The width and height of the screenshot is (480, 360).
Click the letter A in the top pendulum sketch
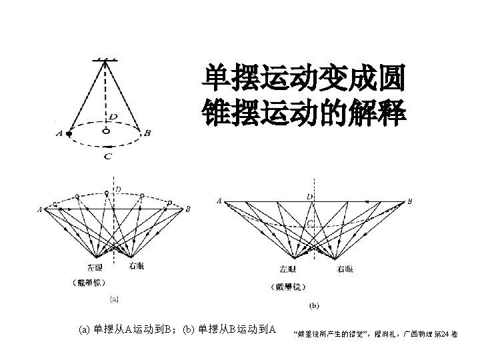60,133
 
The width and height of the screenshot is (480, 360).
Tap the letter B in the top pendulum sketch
147,133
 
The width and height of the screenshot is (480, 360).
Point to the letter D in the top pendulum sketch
113,117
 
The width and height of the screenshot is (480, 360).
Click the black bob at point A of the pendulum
69,133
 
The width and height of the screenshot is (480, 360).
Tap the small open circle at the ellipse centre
106,131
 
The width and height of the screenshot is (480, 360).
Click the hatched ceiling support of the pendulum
105,61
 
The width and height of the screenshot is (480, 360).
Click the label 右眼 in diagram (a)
136,266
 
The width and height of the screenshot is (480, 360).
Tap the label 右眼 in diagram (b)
345,269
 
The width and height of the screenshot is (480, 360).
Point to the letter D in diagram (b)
309,197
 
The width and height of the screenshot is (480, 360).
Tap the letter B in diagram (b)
409,201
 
